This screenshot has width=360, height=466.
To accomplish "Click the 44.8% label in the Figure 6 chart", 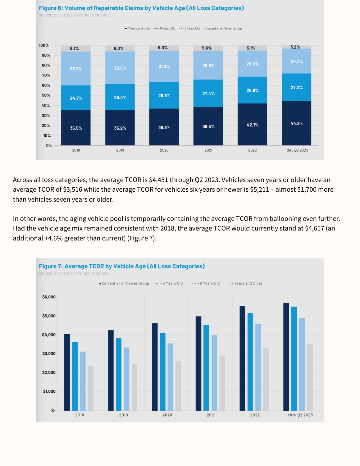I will coord(297,124).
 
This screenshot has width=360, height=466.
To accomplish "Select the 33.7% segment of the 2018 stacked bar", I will coord(76,69).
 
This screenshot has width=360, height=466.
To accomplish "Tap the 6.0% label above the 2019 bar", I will coord(118,48).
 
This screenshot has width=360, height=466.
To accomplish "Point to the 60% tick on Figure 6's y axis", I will coord(46,85).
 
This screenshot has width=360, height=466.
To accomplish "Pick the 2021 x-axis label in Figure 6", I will coord(208,150).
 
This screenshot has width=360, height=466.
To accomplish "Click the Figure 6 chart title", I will coord(141,8).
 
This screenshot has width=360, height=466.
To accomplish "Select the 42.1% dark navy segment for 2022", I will coord(252,125).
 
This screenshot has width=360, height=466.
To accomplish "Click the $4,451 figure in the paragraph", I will coord(159,180).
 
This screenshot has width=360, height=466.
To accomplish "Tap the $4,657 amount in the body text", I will coord(314,228).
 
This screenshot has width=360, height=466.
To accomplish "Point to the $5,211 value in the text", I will coord(259,190).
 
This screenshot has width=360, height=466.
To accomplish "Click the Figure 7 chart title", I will coord(122,266).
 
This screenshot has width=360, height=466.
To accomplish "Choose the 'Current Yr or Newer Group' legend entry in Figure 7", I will coord(125,283).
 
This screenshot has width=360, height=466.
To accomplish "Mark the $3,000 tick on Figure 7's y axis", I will coord(49,354).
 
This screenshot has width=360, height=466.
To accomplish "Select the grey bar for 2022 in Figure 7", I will coord(266,379).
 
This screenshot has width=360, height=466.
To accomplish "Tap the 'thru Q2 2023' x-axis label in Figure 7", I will coord(300,415).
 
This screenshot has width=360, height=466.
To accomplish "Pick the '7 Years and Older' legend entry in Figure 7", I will coord(246,283).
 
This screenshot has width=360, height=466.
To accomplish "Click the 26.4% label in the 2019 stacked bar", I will coord(120,98).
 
